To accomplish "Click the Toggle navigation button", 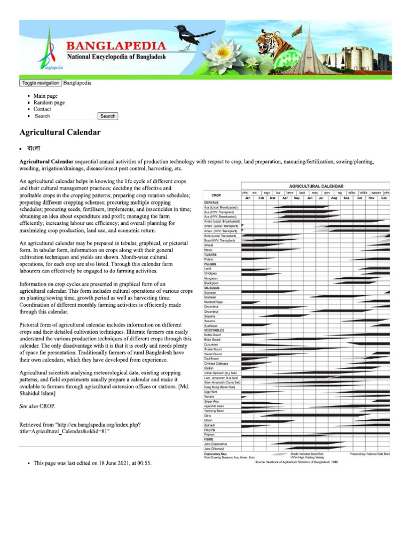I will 41,83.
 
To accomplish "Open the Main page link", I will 45,96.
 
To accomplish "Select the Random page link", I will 49,103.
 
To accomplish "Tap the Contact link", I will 42,109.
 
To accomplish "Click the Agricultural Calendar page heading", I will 60,131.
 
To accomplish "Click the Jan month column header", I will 248,198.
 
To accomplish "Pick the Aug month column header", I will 334,198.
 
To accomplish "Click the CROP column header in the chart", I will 216,196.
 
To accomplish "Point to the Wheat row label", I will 209,245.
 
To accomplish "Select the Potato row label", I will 209,259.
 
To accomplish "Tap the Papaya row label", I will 209,435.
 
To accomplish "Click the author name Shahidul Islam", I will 37,393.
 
